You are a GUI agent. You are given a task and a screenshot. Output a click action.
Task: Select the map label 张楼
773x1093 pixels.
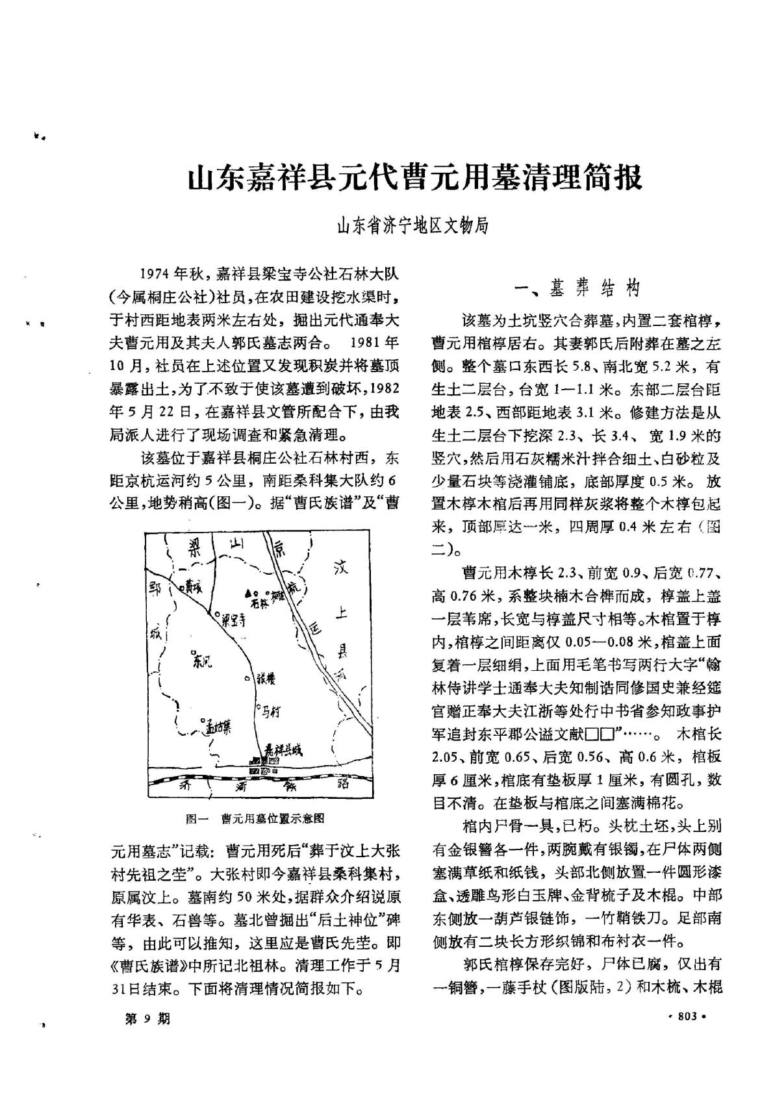pyautogui.click(x=266, y=679)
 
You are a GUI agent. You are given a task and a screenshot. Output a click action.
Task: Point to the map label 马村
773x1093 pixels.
pyautogui.click(x=270, y=711)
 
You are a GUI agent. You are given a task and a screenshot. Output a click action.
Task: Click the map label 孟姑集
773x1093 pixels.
pyautogui.click(x=219, y=727)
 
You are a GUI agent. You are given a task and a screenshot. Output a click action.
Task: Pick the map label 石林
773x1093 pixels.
pyautogui.click(x=259, y=601)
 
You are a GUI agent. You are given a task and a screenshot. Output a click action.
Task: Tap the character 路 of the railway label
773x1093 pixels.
pyautogui.click(x=344, y=782)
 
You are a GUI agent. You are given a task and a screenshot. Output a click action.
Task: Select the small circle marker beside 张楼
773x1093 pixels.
pyautogui.click(x=247, y=679)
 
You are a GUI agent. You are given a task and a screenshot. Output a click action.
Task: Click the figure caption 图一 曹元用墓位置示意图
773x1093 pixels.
pyautogui.click(x=255, y=819)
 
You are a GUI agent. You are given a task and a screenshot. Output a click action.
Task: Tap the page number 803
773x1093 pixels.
pyautogui.click(x=687, y=1016)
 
